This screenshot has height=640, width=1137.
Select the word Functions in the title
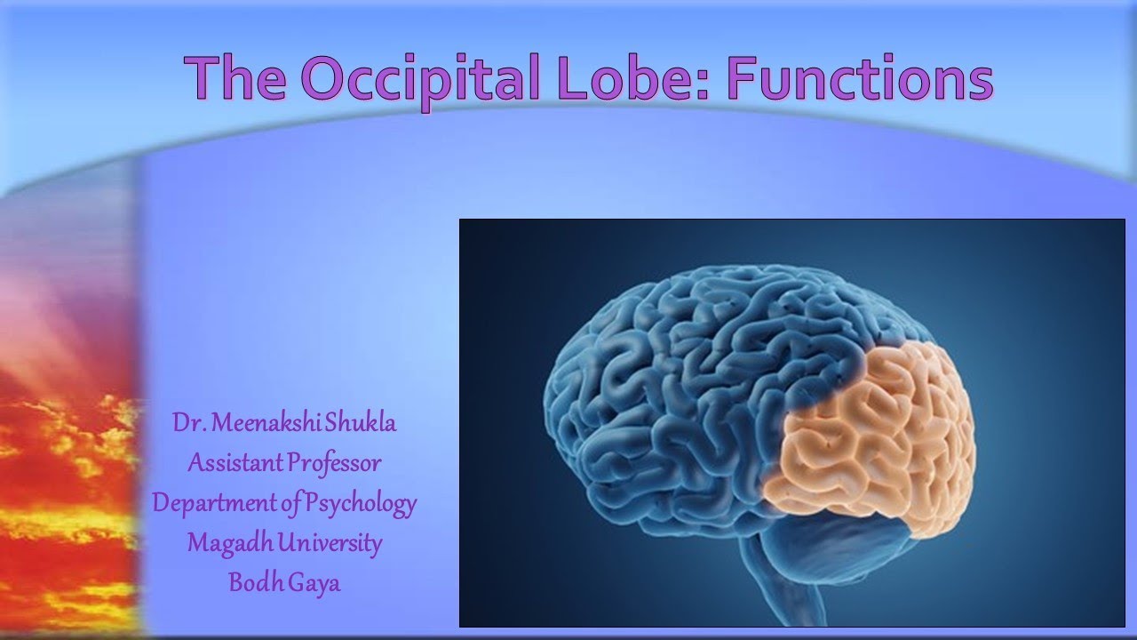[859, 78]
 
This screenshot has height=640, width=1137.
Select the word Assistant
[235, 463]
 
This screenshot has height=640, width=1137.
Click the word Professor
[334, 463]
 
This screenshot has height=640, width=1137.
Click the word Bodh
[252, 583]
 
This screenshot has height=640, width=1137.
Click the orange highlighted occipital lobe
[879, 436]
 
